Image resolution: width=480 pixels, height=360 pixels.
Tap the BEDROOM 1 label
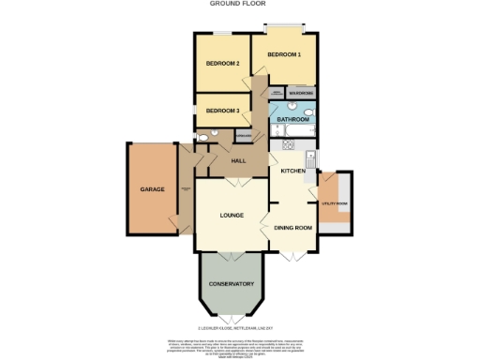coord(284,55)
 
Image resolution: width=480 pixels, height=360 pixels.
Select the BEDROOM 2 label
coord(223,64)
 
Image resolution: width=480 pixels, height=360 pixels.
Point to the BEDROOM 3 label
coord(223,111)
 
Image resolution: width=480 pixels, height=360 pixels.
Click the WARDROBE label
coord(301,93)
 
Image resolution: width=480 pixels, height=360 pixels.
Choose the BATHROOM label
coord(292,119)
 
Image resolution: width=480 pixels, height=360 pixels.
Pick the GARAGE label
coord(152,189)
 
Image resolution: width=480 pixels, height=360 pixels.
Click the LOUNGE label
coord(232,216)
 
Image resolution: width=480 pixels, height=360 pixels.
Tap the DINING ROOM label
coord(292,228)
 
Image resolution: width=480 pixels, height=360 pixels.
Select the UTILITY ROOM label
coord(335,203)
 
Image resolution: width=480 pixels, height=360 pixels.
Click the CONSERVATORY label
coord(232,284)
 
